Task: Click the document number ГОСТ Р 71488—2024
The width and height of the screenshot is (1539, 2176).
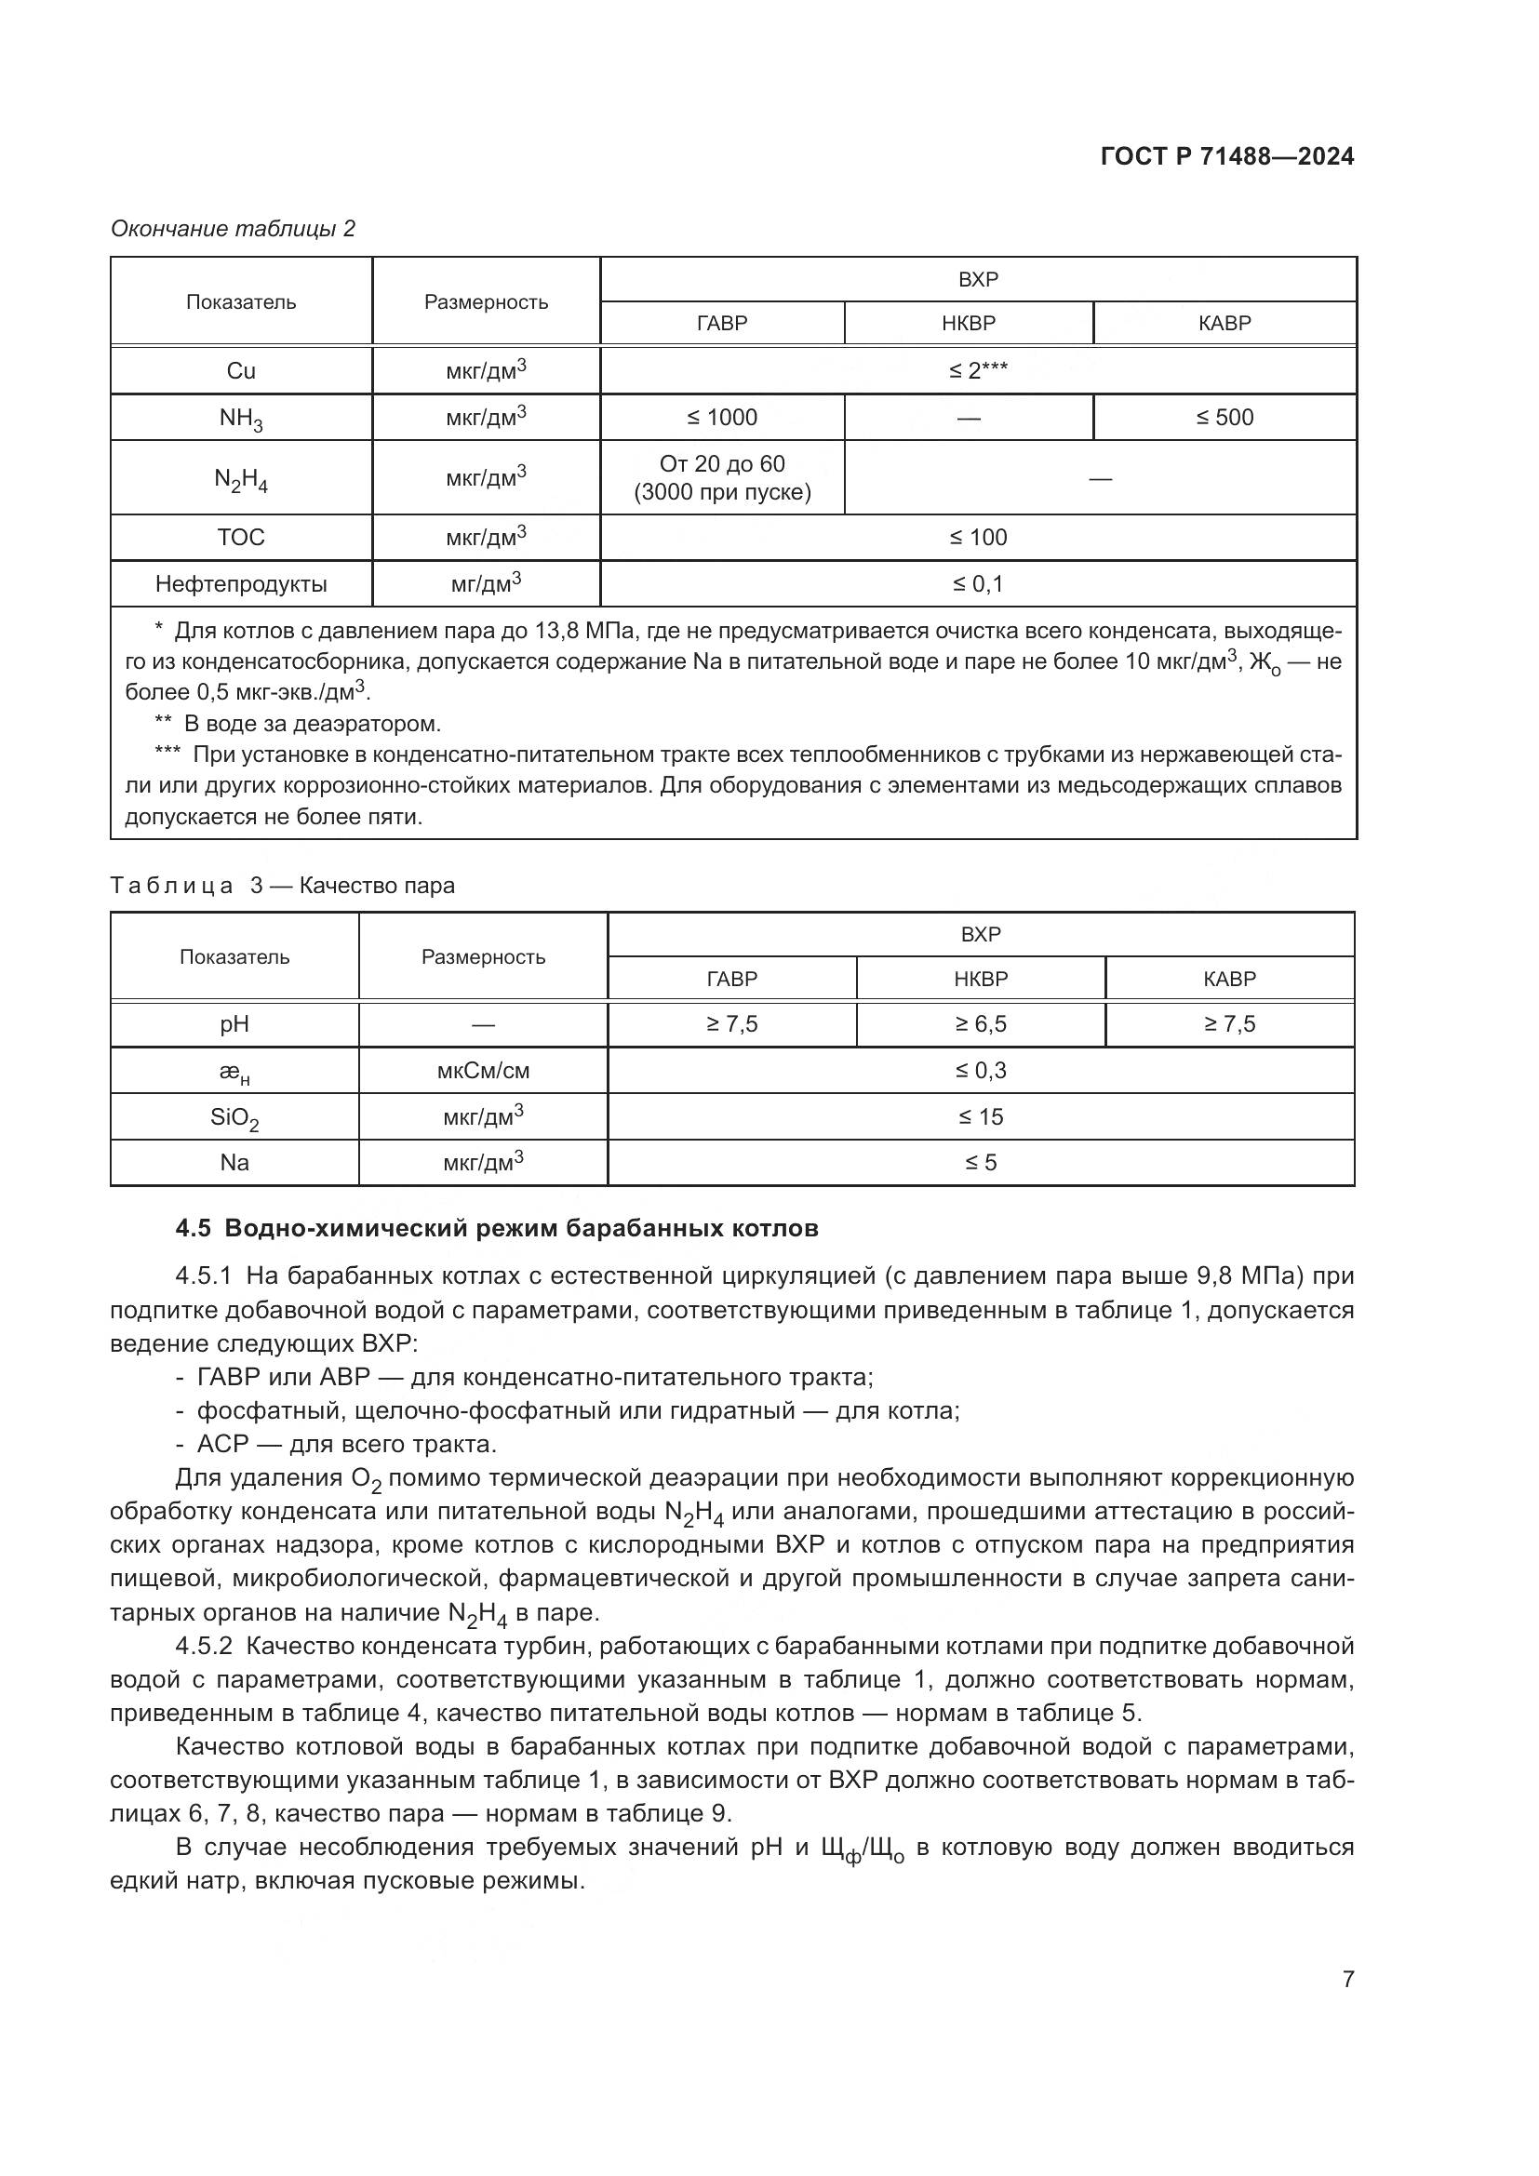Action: (1226, 157)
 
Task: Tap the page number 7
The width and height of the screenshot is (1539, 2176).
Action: (1347, 1979)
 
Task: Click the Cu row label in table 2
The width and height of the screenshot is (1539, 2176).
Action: (241, 370)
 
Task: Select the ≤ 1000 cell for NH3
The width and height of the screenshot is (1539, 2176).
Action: (722, 417)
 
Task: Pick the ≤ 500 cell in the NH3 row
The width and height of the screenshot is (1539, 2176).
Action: (1225, 417)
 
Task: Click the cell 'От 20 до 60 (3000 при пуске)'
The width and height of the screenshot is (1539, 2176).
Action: (722, 477)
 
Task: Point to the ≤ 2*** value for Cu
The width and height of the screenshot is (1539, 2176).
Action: (978, 370)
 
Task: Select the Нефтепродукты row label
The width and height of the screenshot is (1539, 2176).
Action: (241, 584)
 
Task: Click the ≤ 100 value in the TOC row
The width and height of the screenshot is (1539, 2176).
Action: (978, 538)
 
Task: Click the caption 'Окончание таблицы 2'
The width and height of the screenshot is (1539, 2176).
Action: (234, 229)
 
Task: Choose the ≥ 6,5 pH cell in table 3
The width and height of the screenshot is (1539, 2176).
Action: (980, 1023)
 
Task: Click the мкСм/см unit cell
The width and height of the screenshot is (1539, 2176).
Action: (483, 1071)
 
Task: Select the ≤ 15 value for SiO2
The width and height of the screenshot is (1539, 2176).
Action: (980, 1116)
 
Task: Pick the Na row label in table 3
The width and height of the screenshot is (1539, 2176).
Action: (234, 1163)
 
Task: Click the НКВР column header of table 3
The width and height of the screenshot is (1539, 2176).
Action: (980, 978)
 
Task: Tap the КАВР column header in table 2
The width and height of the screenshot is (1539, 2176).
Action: (1225, 323)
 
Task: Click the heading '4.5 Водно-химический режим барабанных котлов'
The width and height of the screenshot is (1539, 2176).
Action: (497, 1229)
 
